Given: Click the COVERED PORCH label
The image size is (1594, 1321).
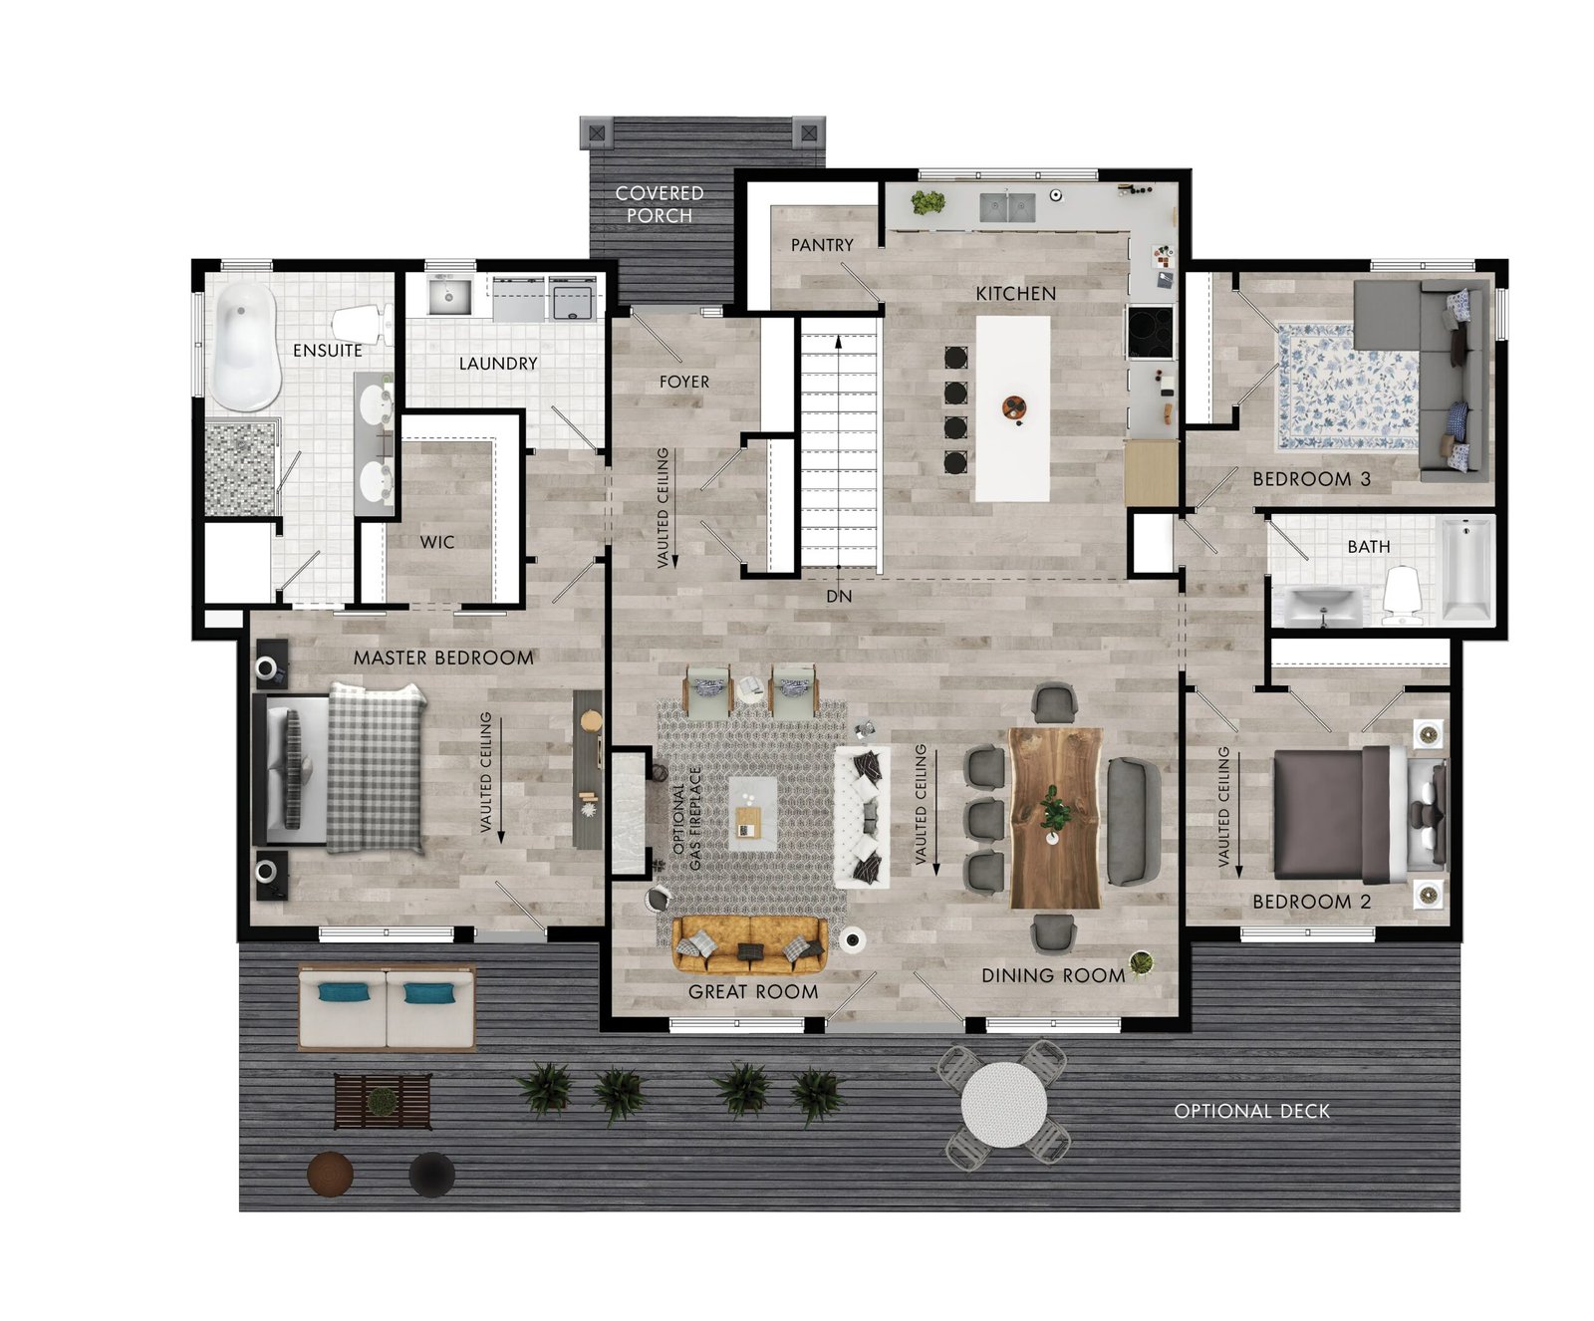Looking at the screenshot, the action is tap(660, 204).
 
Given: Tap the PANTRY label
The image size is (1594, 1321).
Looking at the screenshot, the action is tap(822, 244).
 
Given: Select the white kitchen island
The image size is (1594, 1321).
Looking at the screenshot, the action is tap(1012, 408).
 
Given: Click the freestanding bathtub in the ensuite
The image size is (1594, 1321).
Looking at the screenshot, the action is tap(245, 346).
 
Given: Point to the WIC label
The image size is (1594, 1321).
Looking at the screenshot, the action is tap(437, 542).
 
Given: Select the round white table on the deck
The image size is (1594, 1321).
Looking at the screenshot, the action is tap(1004, 1105).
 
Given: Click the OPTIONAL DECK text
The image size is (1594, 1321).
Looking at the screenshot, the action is tap(1251, 1111).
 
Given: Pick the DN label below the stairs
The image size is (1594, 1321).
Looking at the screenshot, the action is tap(839, 596).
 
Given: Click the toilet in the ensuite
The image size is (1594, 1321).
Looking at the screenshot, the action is tap(362, 325).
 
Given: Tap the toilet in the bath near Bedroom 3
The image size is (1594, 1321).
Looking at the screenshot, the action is tap(1402, 596).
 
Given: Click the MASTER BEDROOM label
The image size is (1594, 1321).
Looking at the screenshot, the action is tap(443, 658).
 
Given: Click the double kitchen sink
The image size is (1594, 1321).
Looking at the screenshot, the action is tap(1007, 207).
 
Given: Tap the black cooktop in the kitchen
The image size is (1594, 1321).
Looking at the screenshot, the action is tap(1151, 332).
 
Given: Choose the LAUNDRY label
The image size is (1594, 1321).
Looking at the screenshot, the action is tap(498, 364).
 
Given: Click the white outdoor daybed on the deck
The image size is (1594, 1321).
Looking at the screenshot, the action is tap(388, 1007).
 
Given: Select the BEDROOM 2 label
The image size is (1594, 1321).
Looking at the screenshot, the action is tap(1311, 902).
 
